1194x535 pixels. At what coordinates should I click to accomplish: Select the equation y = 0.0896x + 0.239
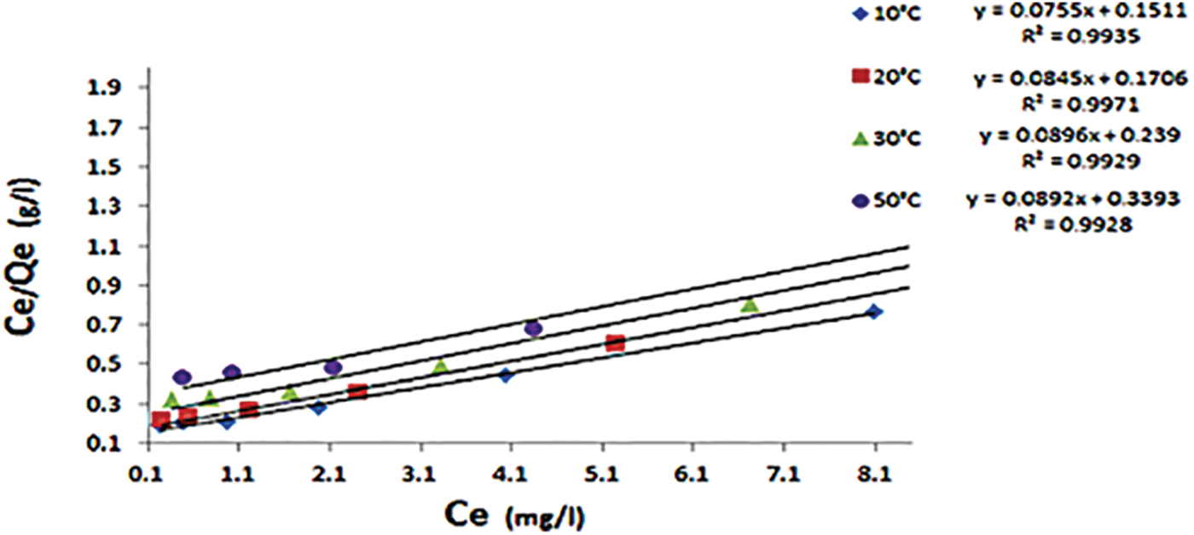(1074, 136)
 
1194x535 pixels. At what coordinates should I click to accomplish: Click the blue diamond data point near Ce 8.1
(873, 312)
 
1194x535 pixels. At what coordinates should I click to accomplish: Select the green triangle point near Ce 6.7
(750, 305)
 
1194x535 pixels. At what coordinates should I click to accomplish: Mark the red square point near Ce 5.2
(615, 343)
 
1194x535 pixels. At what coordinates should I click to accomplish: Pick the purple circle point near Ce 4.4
(534, 328)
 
